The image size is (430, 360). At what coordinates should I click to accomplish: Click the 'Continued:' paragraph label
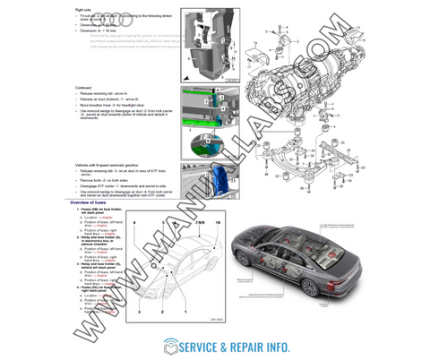click(x=88, y=87)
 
